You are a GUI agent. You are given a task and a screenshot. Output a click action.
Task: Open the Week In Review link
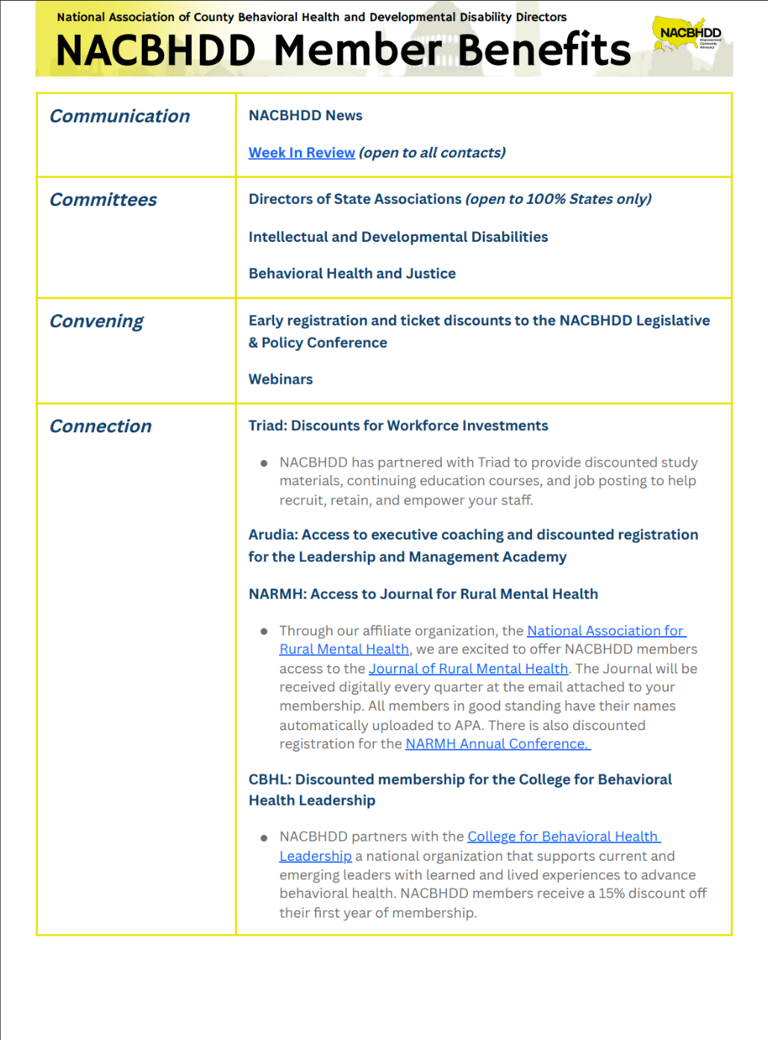[x=302, y=153]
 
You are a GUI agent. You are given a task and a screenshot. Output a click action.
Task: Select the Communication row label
[x=119, y=116]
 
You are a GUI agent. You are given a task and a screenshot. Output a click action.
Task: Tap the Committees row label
[x=103, y=200]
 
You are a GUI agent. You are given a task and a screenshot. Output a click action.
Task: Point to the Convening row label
[x=96, y=322]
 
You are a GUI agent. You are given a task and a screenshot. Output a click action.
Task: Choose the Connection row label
[x=100, y=426]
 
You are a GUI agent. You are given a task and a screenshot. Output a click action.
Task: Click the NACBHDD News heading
[x=305, y=116]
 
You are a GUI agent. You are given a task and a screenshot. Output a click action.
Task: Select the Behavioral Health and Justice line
[x=352, y=274]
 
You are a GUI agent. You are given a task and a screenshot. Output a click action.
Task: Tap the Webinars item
[x=281, y=379]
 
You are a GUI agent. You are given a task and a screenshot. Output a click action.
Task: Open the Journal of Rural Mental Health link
[x=468, y=669]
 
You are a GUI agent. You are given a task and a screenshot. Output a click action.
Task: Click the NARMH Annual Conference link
[x=497, y=744]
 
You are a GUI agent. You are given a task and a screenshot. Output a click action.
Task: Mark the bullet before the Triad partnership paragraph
[x=263, y=464]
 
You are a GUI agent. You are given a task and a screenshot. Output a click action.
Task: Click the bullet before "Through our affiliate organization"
[x=263, y=632]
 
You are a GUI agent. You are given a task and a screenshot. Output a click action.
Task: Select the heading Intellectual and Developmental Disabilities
[x=398, y=237]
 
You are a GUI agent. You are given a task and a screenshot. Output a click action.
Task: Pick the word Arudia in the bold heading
[x=272, y=535]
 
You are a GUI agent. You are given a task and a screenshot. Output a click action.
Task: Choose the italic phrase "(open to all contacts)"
[x=432, y=153]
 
